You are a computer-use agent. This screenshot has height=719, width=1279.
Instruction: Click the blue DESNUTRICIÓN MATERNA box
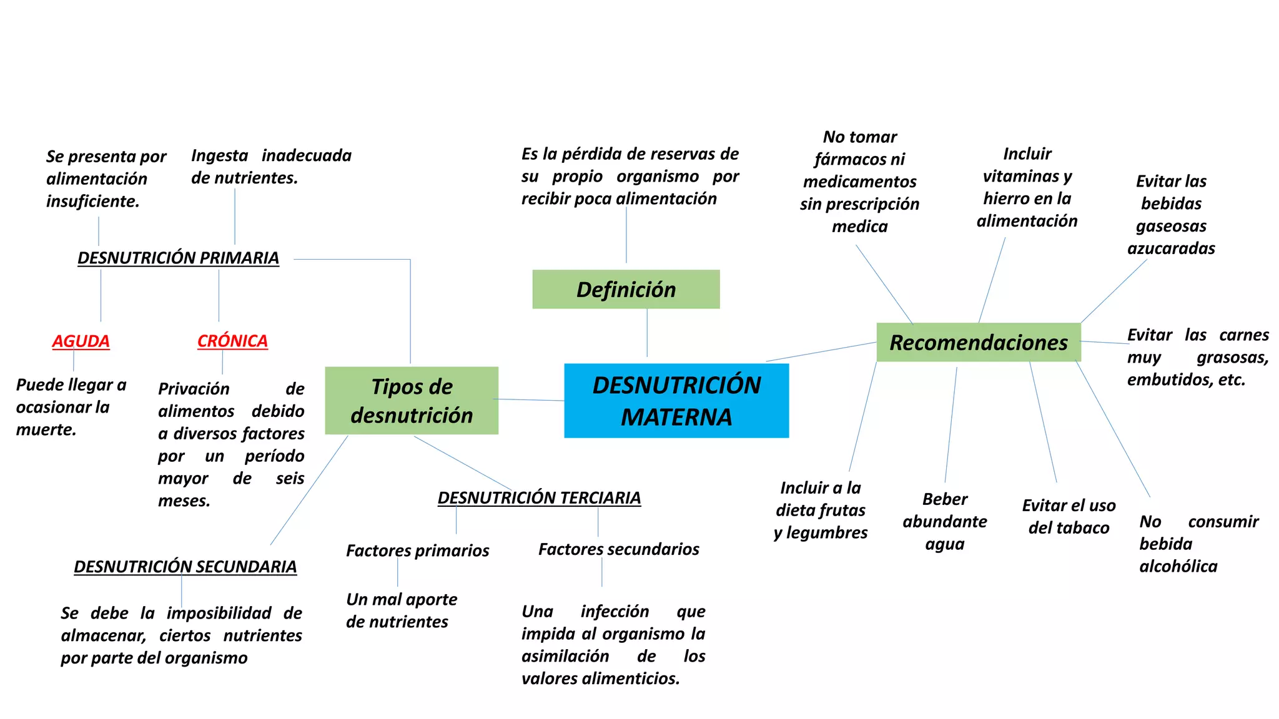point(676,401)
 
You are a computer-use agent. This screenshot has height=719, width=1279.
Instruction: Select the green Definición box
point(626,290)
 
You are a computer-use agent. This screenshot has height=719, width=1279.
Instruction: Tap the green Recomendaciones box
point(979,343)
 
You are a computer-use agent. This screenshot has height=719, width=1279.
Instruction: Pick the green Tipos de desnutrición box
point(412,401)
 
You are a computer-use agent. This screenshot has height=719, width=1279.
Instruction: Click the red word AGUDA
point(81,341)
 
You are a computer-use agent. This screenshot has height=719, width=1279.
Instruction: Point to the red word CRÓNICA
point(232,341)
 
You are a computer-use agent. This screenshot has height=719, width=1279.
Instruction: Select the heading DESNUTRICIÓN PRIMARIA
point(178,258)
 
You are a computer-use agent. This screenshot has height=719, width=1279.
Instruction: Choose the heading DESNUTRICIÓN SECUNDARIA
point(185,567)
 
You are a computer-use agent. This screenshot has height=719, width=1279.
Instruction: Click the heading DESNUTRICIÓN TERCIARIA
point(539,498)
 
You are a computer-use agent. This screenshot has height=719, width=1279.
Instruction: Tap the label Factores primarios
point(417,550)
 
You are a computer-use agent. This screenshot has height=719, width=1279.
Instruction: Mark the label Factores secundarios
point(618,549)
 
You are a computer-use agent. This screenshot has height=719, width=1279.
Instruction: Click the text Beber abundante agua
point(944,522)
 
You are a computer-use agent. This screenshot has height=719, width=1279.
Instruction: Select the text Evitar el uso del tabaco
point(1069,517)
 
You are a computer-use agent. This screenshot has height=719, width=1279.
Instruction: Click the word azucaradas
point(1171,248)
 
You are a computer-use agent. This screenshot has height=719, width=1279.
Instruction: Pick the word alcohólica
point(1178,567)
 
